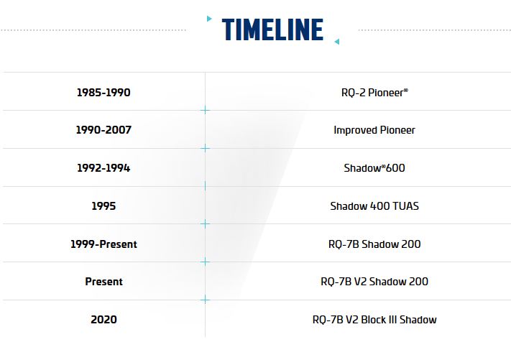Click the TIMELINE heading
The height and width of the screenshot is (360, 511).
click(x=272, y=29)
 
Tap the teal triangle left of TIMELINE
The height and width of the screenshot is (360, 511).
click(x=209, y=19)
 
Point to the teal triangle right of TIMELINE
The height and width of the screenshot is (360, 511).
click(x=336, y=42)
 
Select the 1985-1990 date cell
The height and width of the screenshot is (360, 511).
click(x=103, y=93)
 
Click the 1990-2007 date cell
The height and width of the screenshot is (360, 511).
click(x=103, y=130)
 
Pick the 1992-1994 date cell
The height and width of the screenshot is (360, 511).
click(x=103, y=168)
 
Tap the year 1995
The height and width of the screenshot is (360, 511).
click(x=103, y=206)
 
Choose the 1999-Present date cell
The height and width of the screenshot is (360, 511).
click(x=103, y=244)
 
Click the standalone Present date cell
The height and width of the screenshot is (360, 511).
click(x=103, y=282)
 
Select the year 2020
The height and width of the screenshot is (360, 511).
click(x=103, y=320)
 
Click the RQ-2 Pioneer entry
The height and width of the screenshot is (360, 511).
click(x=374, y=93)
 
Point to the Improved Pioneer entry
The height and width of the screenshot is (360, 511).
click(x=374, y=130)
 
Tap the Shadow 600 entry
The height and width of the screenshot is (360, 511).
click(x=374, y=168)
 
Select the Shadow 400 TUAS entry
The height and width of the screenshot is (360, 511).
click(x=374, y=206)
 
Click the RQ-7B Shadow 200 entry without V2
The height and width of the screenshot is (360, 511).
click(x=374, y=244)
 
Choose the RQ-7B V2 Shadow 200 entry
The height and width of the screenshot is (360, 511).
click(x=374, y=282)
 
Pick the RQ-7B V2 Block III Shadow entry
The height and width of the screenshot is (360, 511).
click(x=374, y=320)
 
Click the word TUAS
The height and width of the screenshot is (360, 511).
click(x=406, y=206)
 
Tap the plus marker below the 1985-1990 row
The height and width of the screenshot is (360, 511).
click(x=205, y=111)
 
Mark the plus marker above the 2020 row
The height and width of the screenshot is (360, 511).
click(x=205, y=300)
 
